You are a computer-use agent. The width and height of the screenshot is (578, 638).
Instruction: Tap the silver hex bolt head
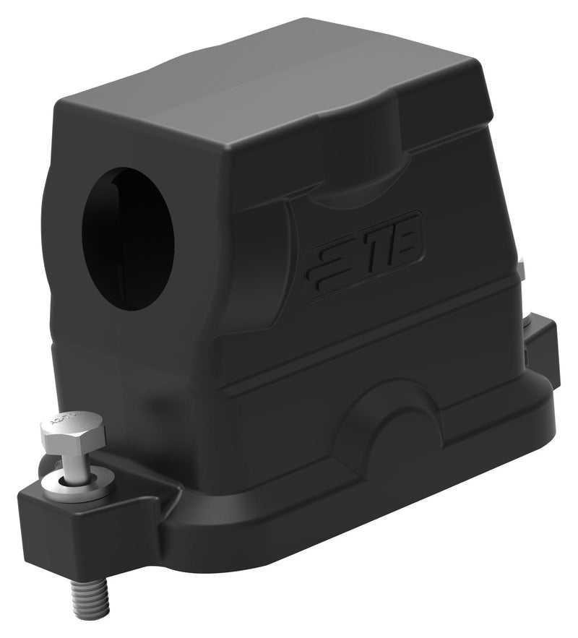point(72,431)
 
